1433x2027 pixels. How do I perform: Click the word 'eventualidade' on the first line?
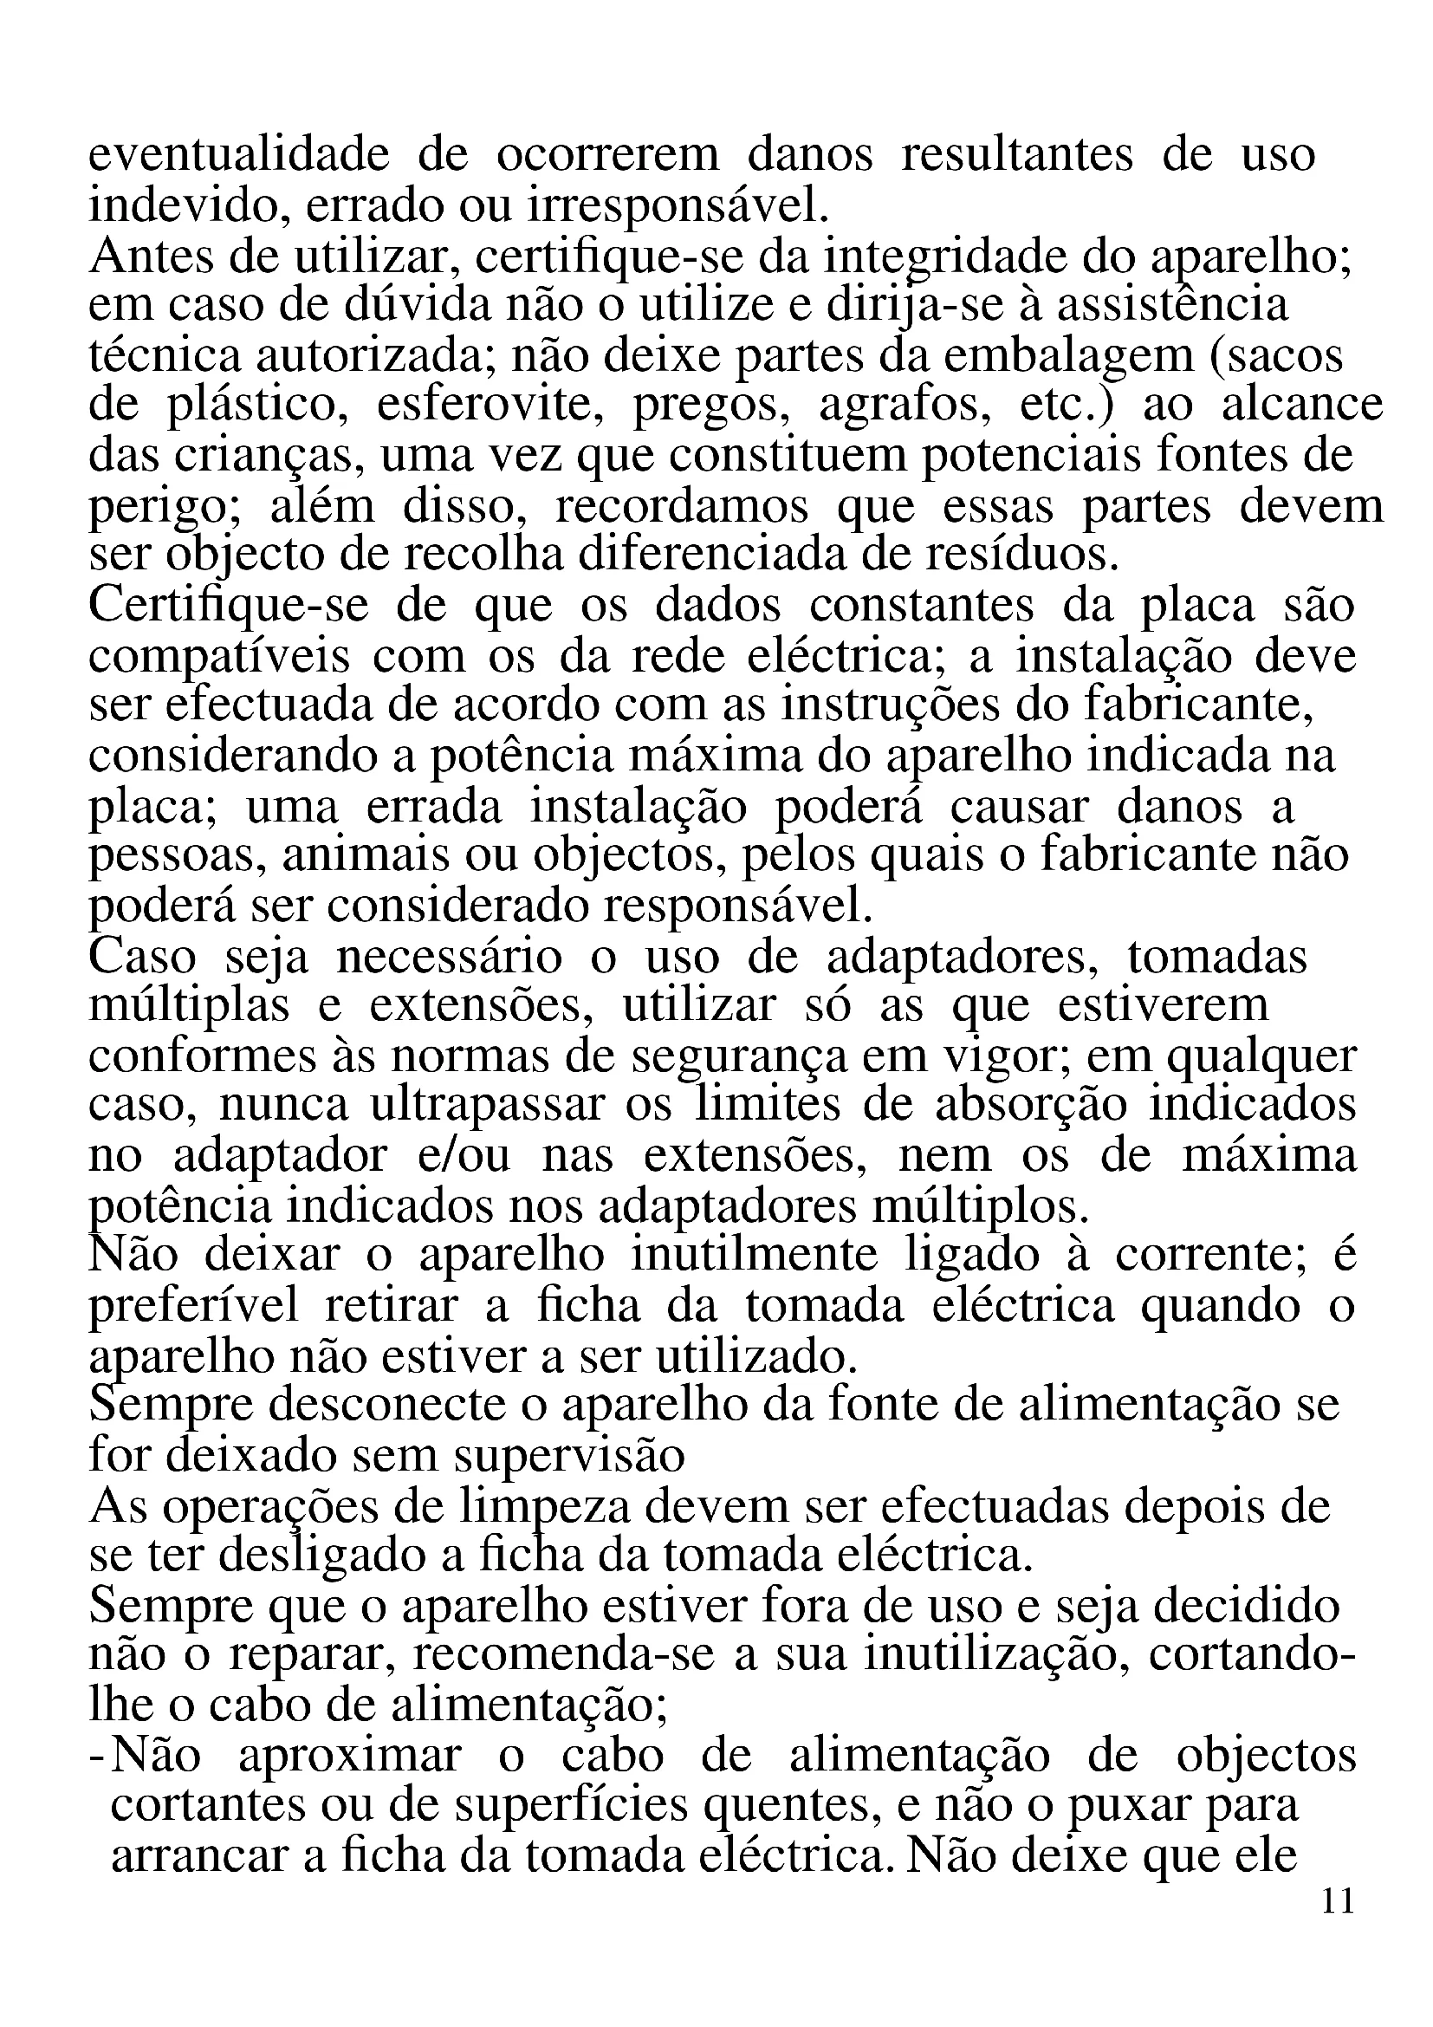pyautogui.click(x=238, y=155)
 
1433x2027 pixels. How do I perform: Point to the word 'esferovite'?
pyautogui.click(x=490, y=406)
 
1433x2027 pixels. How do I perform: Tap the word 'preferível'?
pyautogui.click(x=194, y=1306)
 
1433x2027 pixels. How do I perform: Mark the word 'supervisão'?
pyautogui.click(x=570, y=1456)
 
